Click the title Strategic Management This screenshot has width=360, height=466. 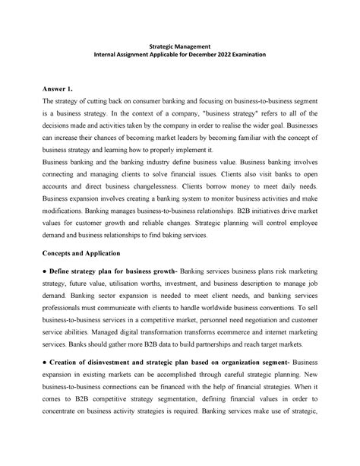[179, 47]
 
